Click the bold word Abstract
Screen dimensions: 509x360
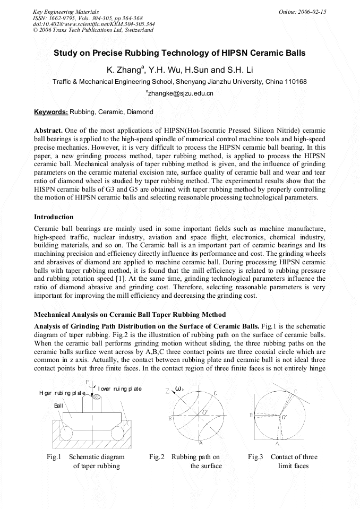(x=48, y=131)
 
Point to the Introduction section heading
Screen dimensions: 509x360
(x=54, y=217)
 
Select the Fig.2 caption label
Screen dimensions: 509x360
(x=157, y=457)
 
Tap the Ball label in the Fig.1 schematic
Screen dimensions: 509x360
(x=58, y=406)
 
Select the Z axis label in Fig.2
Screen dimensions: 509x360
(x=167, y=391)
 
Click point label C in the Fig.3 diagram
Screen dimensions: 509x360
(x=296, y=391)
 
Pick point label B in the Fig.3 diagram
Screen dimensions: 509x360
(x=251, y=415)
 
